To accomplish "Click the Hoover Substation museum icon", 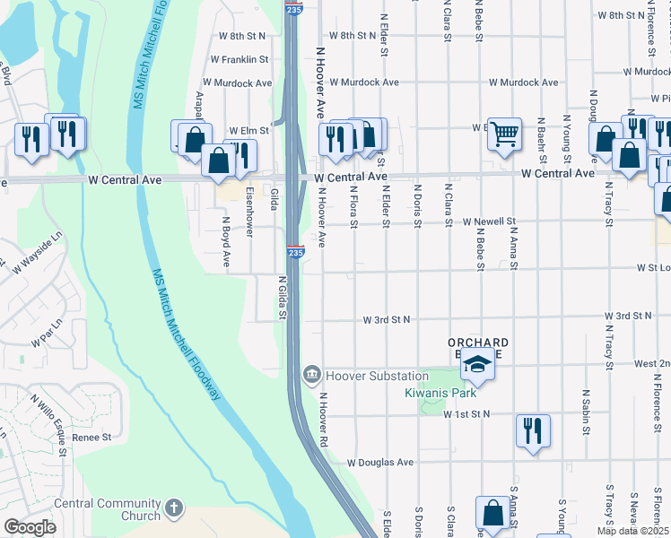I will [x=311, y=373].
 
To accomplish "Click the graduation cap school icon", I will [x=479, y=365].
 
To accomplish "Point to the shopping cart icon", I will [x=505, y=134].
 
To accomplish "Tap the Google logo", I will [x=30, y=527].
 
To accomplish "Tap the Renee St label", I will [x=91, y=438].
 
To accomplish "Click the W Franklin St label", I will [x=240, y=59].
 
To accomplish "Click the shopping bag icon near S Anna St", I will [x=492, y=513].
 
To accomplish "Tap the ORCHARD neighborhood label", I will [x=478, y=343].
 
